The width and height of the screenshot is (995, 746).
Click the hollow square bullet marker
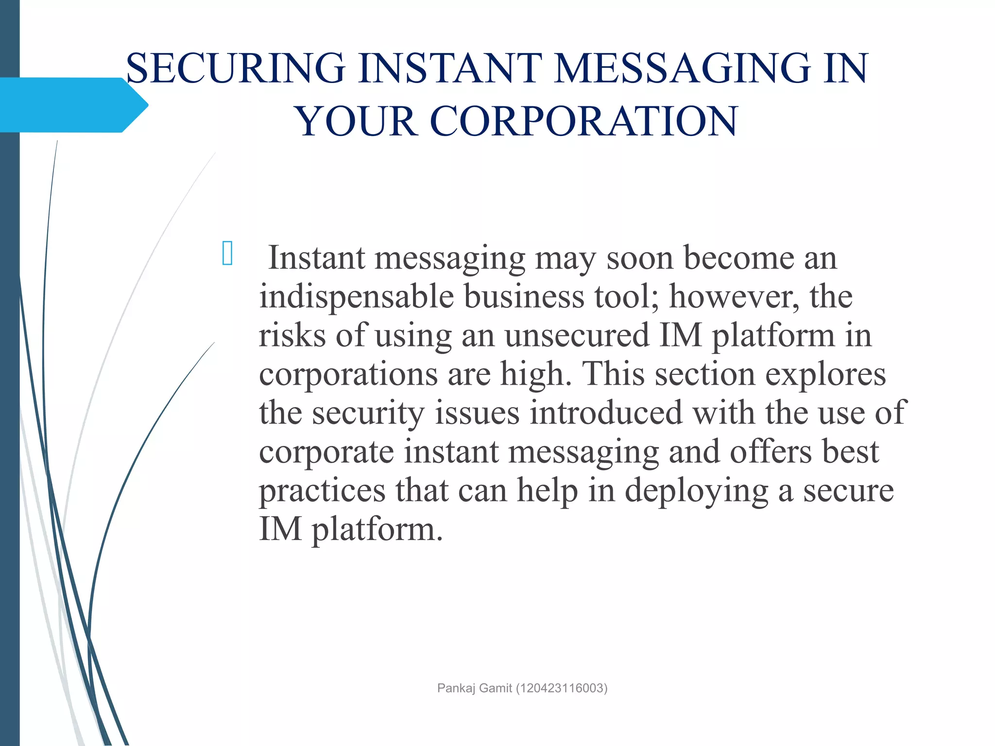[x=227, y=253]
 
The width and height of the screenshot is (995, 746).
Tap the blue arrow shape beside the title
[x=73, y=105]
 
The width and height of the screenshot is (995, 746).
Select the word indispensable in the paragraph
[x=356, y=296]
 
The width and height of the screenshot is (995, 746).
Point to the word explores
[x=825, y=374]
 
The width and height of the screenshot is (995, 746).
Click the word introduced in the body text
[x=606, y=413]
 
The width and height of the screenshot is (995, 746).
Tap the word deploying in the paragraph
[x=696, y=492]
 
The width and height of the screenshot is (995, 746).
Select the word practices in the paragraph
[x=322, y=491]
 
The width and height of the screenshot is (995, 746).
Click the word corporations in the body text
[x=348, y=375]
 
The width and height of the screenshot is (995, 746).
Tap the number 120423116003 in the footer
[x=561, y=688]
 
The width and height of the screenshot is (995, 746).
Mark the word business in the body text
[x=524, y=296]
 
